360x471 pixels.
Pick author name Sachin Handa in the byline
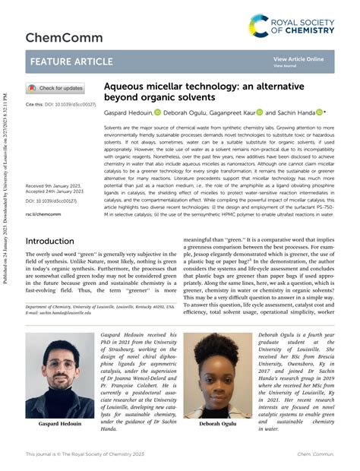(x=295, y=112)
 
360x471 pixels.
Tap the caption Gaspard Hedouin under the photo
(x=61, y=424)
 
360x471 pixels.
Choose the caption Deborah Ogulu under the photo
(x=217, y=424)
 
